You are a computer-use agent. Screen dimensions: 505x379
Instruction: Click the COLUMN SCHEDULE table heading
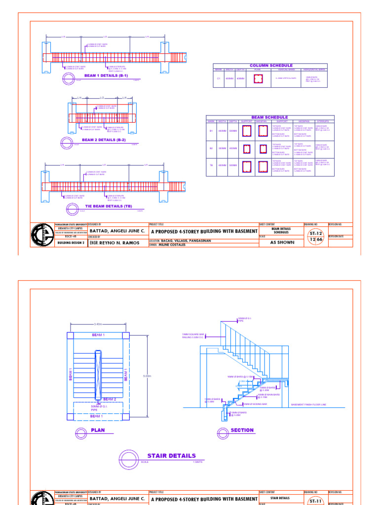(271, 66)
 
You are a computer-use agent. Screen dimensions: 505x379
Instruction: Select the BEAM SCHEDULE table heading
(269, 117)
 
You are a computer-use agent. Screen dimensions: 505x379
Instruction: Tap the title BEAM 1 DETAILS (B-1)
(106, 75)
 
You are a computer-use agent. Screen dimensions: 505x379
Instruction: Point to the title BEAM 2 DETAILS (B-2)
(104, 140)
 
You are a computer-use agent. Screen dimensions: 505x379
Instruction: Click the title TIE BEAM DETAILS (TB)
(109, 206)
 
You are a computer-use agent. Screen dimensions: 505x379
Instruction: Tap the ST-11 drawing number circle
(315, 501)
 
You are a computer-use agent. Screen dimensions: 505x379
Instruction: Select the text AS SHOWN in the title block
(282, 243)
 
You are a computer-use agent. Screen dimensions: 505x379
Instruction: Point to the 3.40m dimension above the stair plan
(98, 324)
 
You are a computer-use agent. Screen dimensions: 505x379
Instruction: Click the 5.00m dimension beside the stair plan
(147, 376)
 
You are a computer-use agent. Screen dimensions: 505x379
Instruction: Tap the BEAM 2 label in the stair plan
(109, 399)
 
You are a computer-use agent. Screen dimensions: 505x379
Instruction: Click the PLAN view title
(98, 430)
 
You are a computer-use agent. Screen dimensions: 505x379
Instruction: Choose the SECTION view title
(242, 430)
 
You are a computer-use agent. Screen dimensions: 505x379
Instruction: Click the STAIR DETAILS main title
(171, 456)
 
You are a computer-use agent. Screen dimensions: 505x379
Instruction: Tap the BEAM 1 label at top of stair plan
(98, 335)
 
